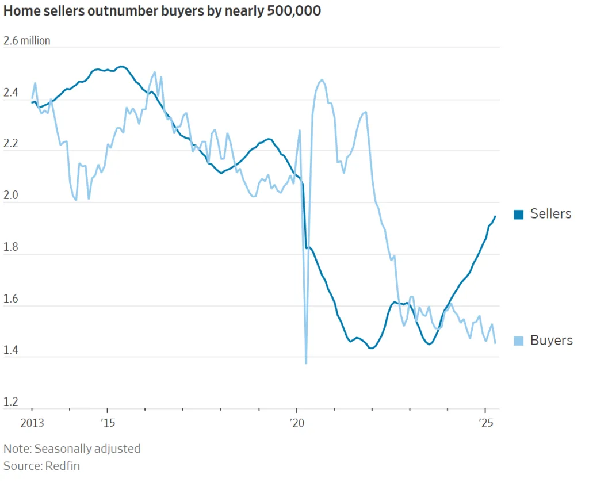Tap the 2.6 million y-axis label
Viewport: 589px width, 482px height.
point(27,41)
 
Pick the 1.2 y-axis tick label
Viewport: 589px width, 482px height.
point(11,401)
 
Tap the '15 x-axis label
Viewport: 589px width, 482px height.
point(107,424)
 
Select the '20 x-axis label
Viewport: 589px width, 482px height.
point(297,424)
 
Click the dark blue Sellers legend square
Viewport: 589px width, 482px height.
point(518,215)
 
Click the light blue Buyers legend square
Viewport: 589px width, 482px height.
point(518,341)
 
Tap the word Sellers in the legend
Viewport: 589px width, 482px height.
point(550,214)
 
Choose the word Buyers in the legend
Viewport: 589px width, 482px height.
point(551,341)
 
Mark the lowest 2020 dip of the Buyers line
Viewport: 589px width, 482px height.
point(305,362)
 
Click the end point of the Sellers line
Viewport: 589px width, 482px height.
point(495,217)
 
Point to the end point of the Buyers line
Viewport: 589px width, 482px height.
point(495,343)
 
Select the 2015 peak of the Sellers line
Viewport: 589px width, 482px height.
point(121,67)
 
